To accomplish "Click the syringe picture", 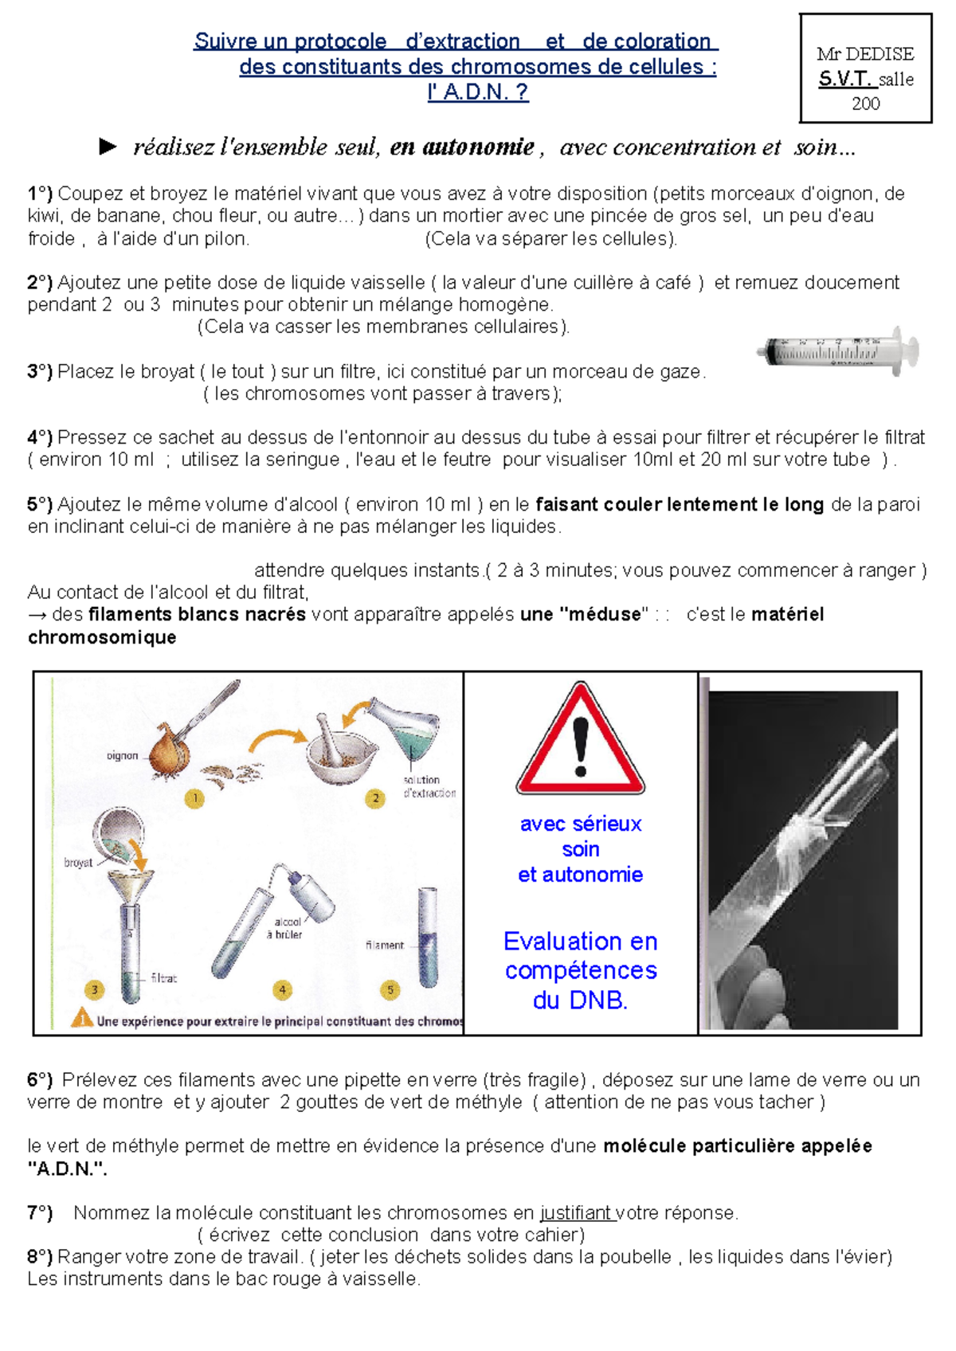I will tap(840, 350).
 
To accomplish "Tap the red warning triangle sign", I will tap(580, 741).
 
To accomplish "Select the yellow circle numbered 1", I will tap(195, 797).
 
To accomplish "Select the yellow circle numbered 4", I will tap(282, 990).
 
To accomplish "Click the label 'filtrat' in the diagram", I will tap(164, 977).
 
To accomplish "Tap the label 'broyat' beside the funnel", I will tap(78, 863).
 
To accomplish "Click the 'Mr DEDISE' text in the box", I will tap(865, 54).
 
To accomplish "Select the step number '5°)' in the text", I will tap(40, 504).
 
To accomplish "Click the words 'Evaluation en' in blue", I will tap(580, 942).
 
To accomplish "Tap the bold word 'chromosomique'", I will tap(102, 637).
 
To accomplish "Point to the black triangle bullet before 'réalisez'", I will tap(108, 147).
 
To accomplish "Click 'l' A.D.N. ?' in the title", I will tap(478, 92).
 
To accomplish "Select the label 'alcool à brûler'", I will tap(288, 928).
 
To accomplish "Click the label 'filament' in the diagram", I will tap(385, 945).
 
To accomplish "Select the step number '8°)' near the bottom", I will tap(40, 1256).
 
